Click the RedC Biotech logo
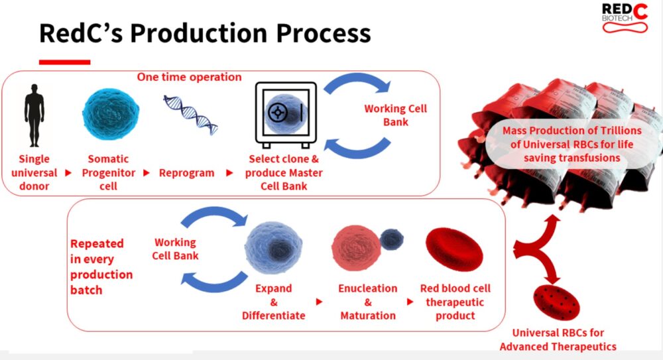[625, 18]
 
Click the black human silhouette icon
[34, 115]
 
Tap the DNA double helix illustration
[191, 115]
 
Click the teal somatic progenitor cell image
[111, 114]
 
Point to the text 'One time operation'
[189, 77]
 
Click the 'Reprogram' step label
[186, 173]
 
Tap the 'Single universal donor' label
[34, 172]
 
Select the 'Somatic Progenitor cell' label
[108, 172]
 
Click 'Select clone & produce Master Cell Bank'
[284, 172]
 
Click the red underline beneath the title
[65, 62]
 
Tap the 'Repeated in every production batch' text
[101, 267]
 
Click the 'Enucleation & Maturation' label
[368, 302]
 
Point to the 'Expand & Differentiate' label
[274, 302]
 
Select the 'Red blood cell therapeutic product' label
[455, 302]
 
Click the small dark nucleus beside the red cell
[392, 239]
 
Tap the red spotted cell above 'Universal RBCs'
[556, 302]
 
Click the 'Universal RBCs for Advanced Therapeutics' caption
[558, 339]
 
